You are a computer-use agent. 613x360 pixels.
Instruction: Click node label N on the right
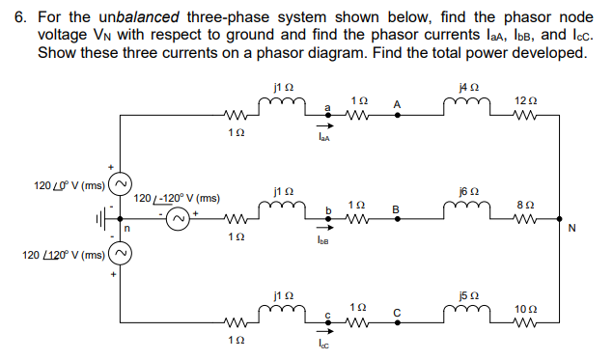pos(572,229)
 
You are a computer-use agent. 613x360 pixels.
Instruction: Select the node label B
pos(395,208)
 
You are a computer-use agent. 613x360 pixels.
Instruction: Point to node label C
pos(395,311)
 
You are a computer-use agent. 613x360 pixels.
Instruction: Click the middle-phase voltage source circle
pos(178,220)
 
